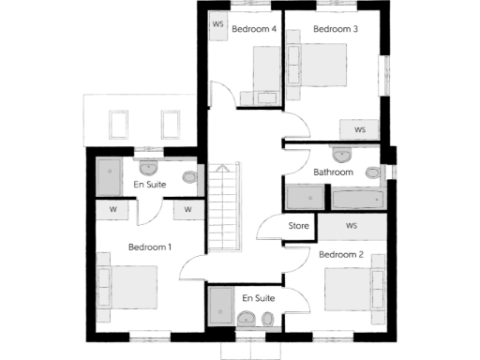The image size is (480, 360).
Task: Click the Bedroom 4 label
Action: tap(253, 29)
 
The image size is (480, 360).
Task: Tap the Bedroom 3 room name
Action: tap(335, 29)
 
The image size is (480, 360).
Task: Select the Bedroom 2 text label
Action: tap(340, 254)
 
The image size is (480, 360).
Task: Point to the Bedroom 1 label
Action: tap(149, 247)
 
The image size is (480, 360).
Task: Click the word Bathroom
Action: tap(333, 172)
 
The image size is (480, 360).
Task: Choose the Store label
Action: tap(298, 226)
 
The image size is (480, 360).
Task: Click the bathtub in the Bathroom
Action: tap(357, 199)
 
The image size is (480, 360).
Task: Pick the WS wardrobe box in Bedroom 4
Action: tap(217, 24)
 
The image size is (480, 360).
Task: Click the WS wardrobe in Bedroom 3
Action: tap(359, 128)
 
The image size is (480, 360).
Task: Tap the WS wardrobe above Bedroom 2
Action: tap(352, 226)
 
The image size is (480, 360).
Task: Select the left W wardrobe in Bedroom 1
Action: tap(112, 209)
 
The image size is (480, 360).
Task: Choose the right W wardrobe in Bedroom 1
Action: tap(187, 209)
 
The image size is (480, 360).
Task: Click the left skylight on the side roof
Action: tap(120, 124)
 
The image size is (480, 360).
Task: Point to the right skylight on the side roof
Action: tap(171, 124)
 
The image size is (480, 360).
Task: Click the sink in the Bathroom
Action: tap(341, 154)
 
